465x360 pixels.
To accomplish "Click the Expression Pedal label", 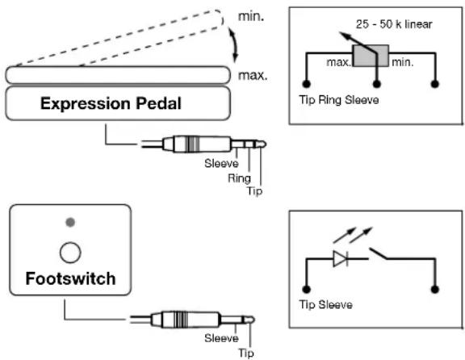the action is (x=111, y=103).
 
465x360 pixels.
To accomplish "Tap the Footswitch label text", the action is (x=70, y=278).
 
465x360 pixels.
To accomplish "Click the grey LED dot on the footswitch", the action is (x=70, y=222).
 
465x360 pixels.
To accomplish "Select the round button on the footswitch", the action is (x=70, y=253).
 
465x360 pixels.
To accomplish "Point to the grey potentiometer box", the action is (x=371, y=56).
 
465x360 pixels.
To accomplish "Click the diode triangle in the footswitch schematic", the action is (x=340, y=258).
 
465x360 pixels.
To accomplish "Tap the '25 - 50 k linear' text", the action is (x=394, y=24).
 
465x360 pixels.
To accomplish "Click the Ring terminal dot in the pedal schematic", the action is (x=377, y=84).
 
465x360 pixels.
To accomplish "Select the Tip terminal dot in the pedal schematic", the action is (x=306, y=84).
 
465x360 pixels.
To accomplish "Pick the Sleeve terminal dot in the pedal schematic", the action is (x=435, y=84).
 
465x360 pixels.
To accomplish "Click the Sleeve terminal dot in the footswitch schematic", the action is (x=435, y=289).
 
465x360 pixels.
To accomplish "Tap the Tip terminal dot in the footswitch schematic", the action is (x=306, y=289).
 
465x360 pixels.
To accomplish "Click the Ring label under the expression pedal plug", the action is (x=239, y=178).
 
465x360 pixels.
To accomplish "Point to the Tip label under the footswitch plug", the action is (x=246, y=354).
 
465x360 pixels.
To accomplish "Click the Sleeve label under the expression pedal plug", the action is (x=221, y=163).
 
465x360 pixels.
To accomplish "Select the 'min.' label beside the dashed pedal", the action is (x=251, y=17).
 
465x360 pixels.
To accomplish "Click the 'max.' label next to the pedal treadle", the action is (x=253, y=76).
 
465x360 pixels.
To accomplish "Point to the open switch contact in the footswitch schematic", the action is (x=378, y=253).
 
